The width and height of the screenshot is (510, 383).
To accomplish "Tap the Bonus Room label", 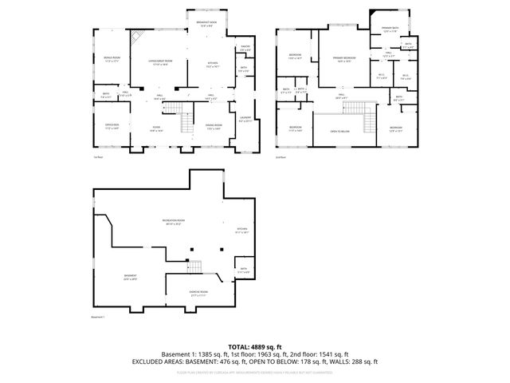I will pos(112,60).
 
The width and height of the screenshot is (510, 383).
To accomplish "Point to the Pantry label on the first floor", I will pos(245,49).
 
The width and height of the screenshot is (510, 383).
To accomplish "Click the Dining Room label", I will pos(214,127).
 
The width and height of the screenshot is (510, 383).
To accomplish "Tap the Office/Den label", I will pos(112,126).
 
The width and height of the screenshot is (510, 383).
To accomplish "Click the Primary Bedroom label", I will pos(343,59).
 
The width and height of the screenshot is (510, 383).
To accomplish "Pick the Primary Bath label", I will pos(389,30).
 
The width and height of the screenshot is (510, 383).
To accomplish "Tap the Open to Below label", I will pos(342,131).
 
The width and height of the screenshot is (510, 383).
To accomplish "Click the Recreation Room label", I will pos(173,223).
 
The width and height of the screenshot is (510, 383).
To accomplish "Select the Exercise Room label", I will pos(199,293).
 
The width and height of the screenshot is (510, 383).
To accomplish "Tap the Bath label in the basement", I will pos(244,271).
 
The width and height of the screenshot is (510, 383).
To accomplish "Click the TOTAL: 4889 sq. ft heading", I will pos(254,346).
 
